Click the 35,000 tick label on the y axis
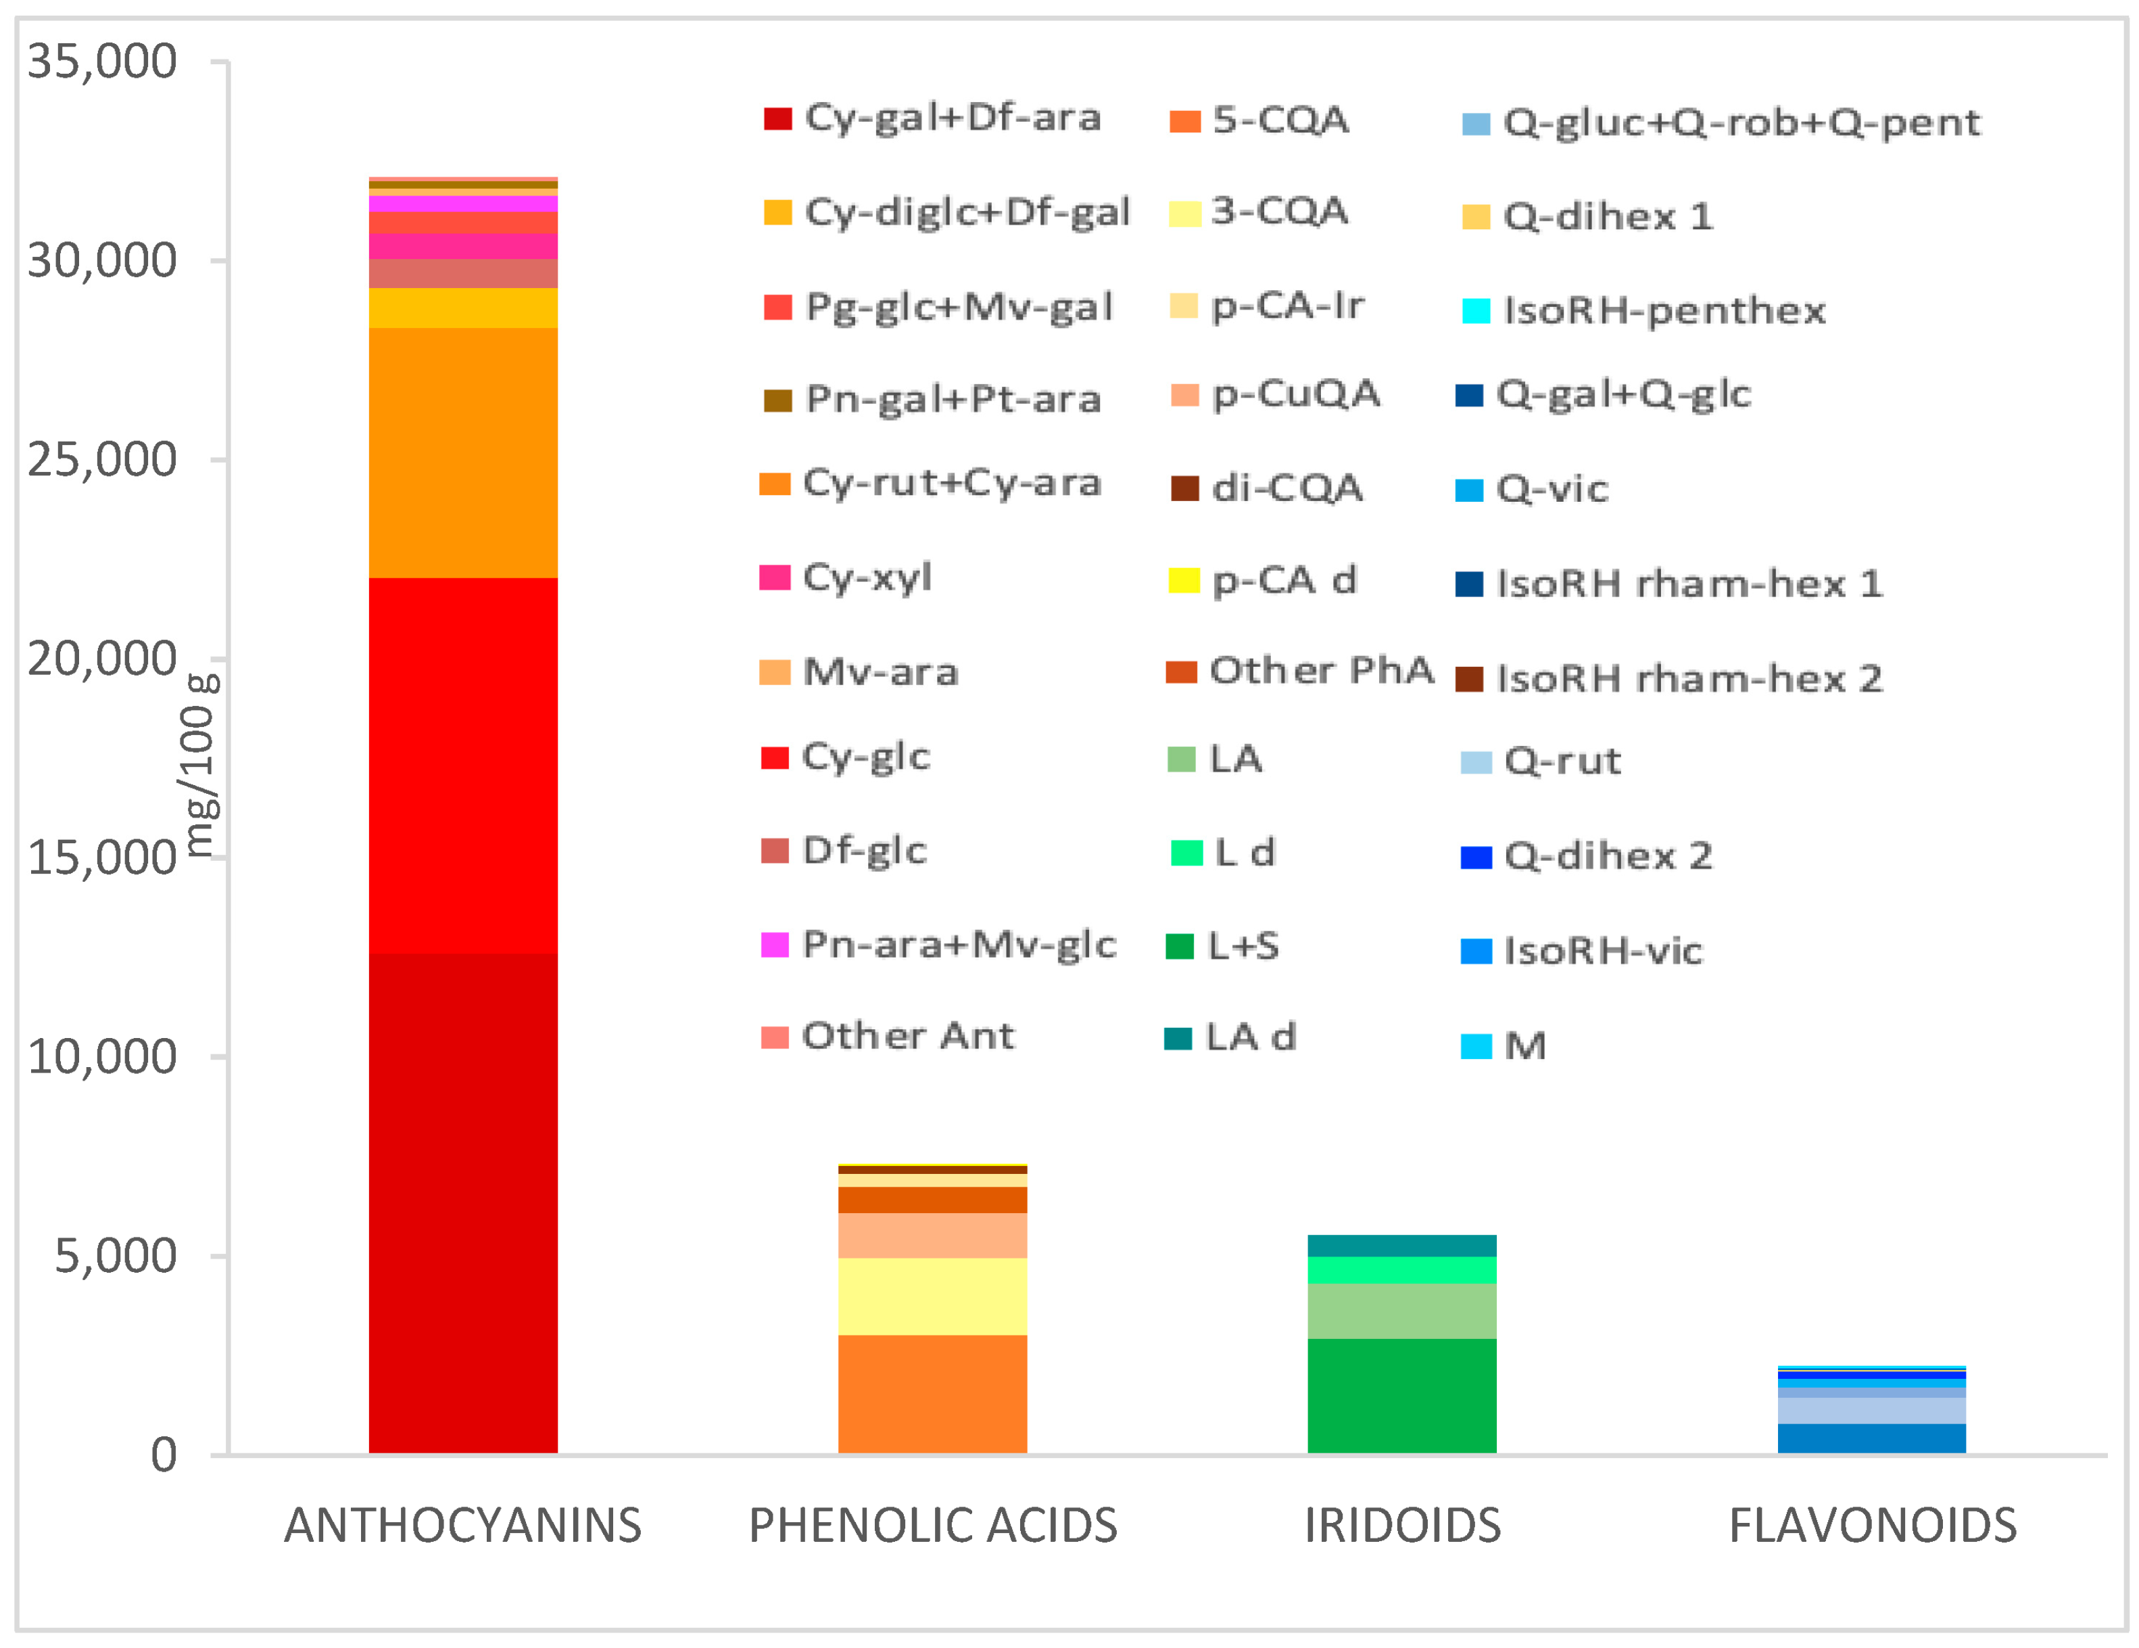[x=102, y=62]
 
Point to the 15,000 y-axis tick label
[x=102, y=858]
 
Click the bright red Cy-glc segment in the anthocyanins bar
[x=462, y=764]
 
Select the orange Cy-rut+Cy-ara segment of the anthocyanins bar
[x=462, y=452]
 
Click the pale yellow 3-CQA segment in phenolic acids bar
[x=932, y=1295]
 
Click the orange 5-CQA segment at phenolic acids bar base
[x=932, y=1393]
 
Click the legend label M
[x=1524, y=1046]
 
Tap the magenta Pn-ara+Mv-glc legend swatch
[x=775, y=945]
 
